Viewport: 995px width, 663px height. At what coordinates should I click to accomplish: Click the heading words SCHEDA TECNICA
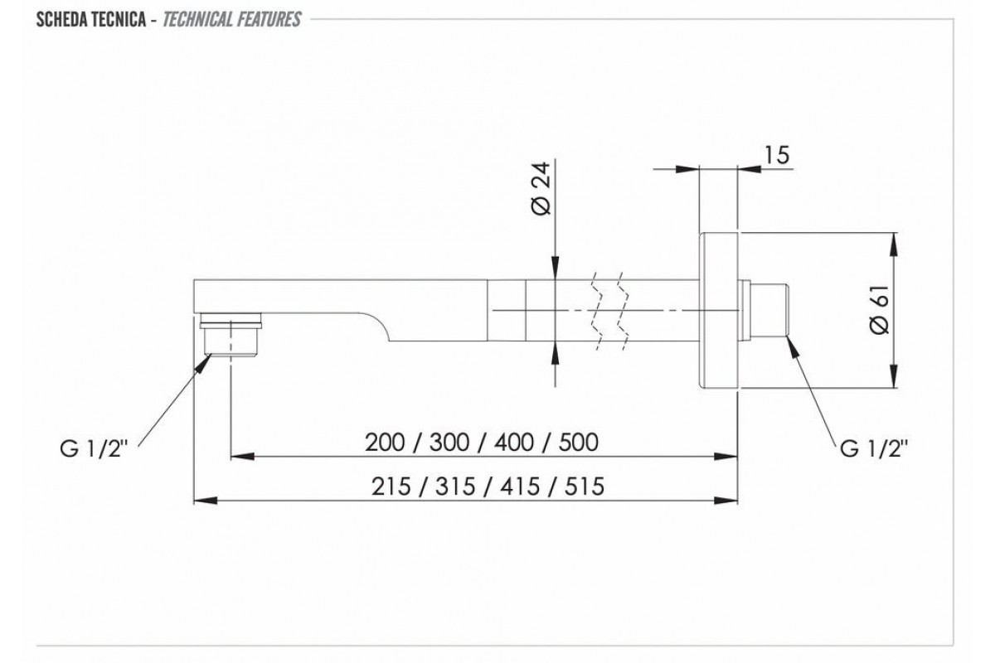(91, 20)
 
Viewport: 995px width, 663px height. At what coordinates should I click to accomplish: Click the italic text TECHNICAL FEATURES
(232, 20)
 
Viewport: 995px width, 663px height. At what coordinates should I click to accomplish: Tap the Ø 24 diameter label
(541, 189)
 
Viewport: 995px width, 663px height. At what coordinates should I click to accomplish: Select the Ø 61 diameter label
(880, 309)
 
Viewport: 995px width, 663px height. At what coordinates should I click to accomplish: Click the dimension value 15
(776, 156)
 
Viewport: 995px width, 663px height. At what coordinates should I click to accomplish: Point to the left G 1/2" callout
(94, 449)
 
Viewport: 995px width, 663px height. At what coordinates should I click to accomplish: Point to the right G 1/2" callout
(874, 449)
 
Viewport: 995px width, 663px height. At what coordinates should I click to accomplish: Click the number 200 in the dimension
(385, 443)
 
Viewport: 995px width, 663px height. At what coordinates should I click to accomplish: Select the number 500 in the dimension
(579, 443)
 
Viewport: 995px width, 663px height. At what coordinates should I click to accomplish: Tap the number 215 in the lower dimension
(391, 486)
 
